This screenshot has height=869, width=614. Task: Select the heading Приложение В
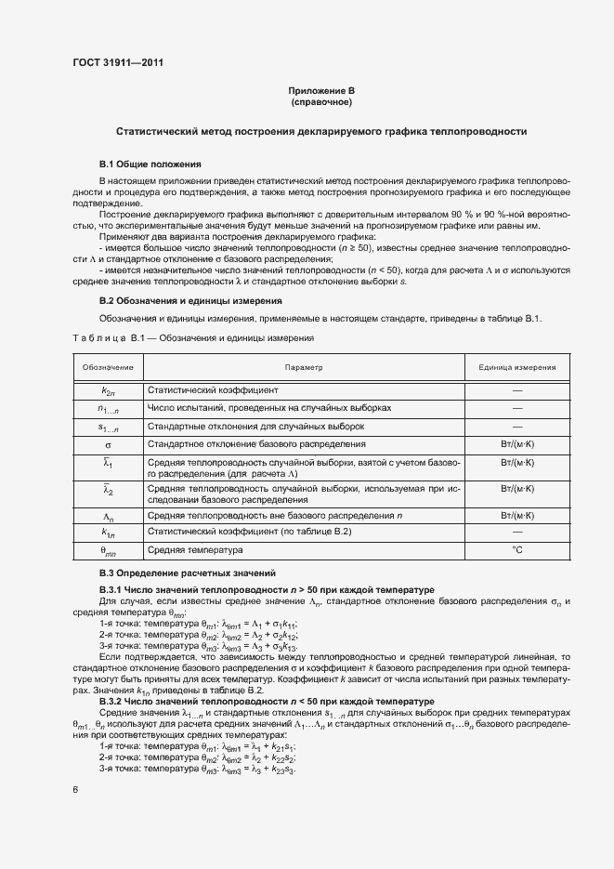coord(320,90)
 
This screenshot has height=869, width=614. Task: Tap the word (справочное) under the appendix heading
coord(320,101)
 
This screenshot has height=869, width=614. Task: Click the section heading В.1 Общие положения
coord(144,163)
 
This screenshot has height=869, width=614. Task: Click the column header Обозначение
coord(108,367)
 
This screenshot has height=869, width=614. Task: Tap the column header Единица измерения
coord(517,367)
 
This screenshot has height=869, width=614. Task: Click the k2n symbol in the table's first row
coord(108,391)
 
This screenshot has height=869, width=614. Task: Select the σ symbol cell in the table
coord(108,445)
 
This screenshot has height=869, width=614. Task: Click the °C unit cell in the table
coord(517,550)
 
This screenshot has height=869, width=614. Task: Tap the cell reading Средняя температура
coord(189,550)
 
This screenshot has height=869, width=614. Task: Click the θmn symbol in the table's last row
coord(108,551)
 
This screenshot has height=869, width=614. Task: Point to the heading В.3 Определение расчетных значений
coord(188,573)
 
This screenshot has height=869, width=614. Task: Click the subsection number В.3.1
coord(111,590)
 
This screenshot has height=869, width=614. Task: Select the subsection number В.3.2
coord(111,701)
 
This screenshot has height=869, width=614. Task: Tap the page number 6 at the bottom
coord(76,790)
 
